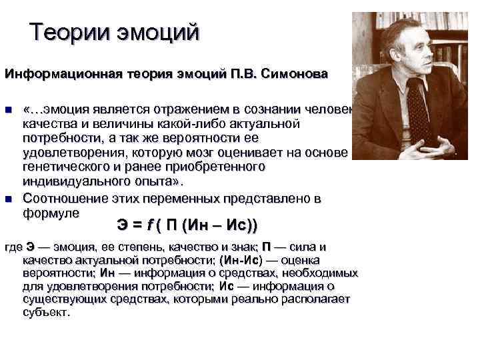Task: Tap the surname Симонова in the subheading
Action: click(299, 73)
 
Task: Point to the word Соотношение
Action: click(63, 199)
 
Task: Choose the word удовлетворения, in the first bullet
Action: click(69, 153)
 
